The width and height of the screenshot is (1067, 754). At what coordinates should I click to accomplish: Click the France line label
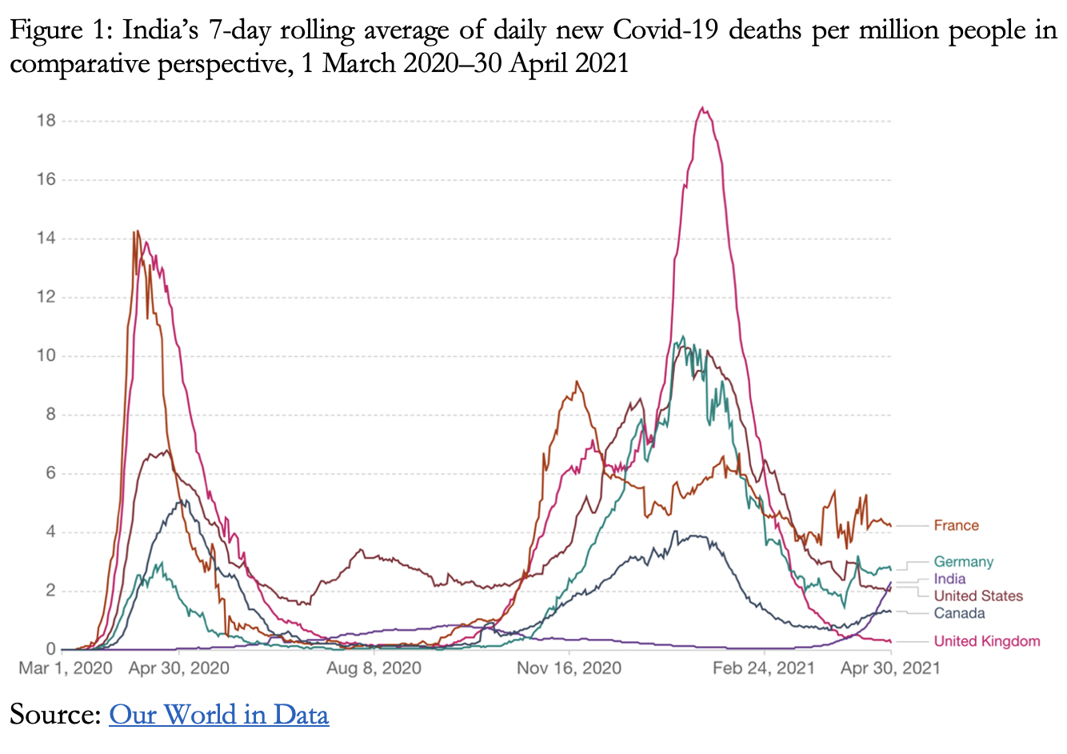[x=956, y=526]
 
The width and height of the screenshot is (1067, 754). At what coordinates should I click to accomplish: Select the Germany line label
[x=963, y=562]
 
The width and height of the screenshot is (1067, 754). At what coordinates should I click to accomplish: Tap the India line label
[x=949, y=579]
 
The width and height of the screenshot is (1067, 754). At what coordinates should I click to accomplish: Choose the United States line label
[x=977, y=596]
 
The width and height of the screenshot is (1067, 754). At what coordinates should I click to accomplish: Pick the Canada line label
[x=959, y=614]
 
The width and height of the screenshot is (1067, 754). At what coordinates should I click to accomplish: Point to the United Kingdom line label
[x=986, y=641]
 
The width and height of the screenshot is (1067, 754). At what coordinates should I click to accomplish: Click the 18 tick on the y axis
[x=46, y=121]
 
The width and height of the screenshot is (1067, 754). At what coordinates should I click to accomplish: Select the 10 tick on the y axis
[x=46, y=355]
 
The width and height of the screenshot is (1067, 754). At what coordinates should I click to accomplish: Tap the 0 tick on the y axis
[x=50, y=649]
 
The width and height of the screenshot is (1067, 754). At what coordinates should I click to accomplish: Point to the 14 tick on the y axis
[x=46, y=239]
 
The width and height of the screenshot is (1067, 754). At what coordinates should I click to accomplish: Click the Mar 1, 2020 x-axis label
[x=65, y=668]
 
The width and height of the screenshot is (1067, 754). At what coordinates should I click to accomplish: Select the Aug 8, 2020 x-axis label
[x=374, y=668]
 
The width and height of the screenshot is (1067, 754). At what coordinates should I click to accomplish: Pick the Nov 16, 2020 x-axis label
[x=569, y=668]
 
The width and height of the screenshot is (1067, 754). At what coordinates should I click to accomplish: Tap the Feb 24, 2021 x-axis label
[x=763, y=668]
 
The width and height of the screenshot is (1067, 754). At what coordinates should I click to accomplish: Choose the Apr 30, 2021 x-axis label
[x=889, y=668]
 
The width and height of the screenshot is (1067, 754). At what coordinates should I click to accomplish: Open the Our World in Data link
[x=218, y=714]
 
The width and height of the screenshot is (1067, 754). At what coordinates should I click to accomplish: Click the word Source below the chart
[x=54, y=714]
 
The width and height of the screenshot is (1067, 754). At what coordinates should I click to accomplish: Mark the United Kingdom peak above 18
[x=701, y=108]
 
